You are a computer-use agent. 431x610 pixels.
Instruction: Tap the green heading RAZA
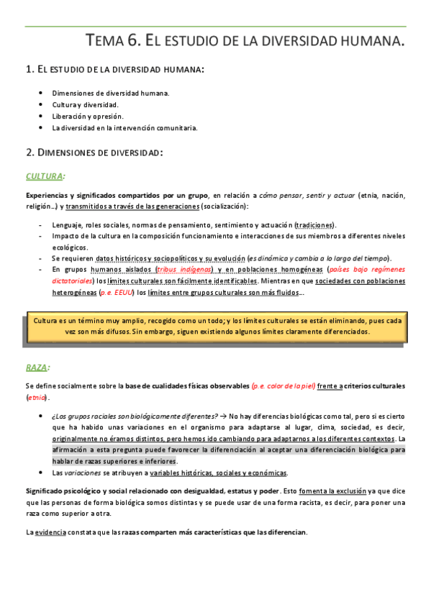coord(37,368)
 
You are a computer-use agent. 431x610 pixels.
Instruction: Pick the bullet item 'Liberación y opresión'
coord(88,116)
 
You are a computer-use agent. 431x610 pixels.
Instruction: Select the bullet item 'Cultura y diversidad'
coord(86,104)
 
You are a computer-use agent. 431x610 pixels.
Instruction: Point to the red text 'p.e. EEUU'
coord(116,293)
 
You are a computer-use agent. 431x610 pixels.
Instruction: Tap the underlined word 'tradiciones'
coord(315,225)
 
